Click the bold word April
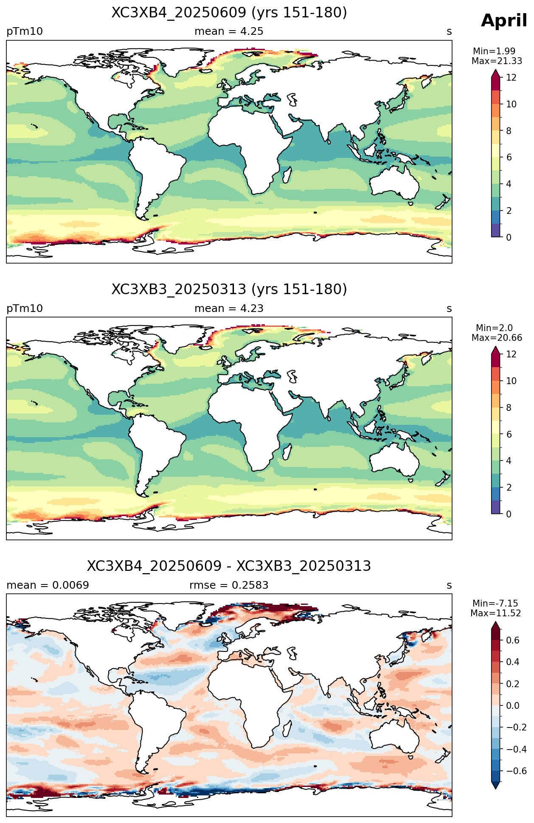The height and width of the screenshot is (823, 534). [x=504, y=21]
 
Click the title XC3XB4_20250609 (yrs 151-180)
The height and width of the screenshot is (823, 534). [x=229, y=13]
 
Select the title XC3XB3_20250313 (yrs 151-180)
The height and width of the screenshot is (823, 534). [x=229, y=289]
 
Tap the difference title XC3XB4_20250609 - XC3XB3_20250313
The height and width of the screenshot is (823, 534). [x=229, y=566]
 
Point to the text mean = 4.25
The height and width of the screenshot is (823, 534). [x=229, y=31]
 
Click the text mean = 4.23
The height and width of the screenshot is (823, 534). [x=229, y=309]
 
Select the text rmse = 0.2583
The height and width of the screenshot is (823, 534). [x=229, y=585]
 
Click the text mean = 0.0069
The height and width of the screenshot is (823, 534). [x=48, y=585]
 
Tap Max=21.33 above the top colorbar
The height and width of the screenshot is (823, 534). [x=497, y=61]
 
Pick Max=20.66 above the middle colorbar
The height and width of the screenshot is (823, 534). [x=497, y=338]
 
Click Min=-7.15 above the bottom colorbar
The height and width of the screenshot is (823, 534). [x=495, y=604]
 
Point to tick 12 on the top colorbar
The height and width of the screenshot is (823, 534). [x=512, y=78]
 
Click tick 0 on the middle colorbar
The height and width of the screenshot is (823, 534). [x=509, y=514]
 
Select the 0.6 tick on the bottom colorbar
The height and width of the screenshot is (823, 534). [x=513, y=640]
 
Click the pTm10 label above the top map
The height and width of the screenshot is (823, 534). [x=25, y=31]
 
